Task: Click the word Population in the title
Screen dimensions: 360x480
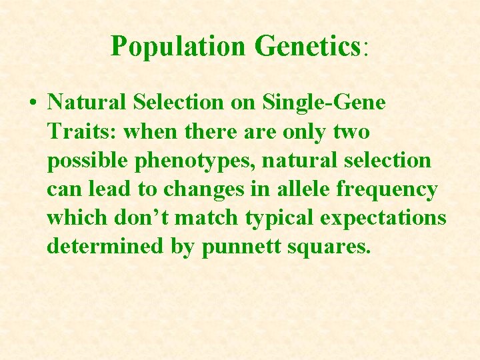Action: (x=178, y=46)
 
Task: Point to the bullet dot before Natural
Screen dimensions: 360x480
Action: (x=33, y=103)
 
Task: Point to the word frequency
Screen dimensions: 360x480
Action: (x=387, y=189)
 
